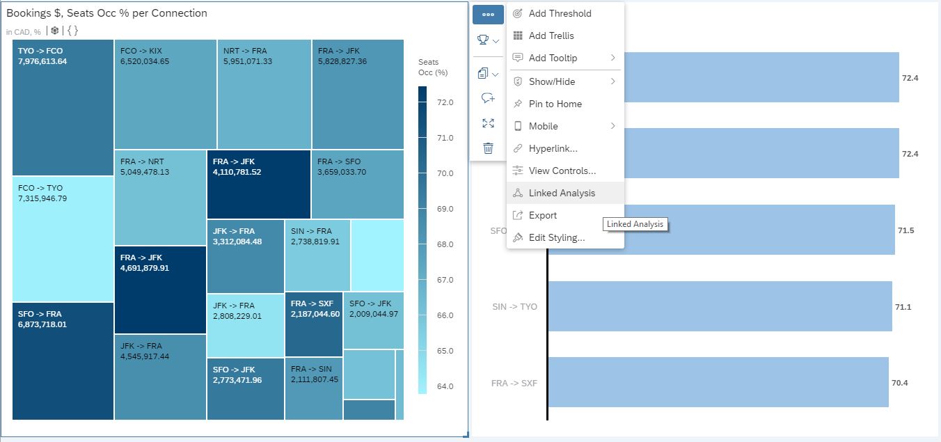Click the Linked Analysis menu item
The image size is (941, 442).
click(x=562, y=193)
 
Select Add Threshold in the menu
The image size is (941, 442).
click(x=560, y=13)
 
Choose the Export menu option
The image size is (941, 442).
click(x=542, y=215)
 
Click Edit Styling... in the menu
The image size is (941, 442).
click(x=556, y=237)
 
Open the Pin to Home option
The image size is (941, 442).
click(x=555, y=104)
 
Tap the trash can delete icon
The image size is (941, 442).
click(x=488, y=148)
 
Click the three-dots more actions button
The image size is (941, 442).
click(x=488, y=14)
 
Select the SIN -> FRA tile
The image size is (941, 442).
click(x=317, y=255)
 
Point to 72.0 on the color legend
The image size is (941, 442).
click(x=445, y=102)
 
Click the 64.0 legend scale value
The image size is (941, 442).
click(x=445, y=386)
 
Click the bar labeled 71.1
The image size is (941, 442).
click(x=719, y=306)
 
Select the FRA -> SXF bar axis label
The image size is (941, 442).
click(x=514, y=383)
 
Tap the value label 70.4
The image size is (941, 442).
click(x=900, y=383)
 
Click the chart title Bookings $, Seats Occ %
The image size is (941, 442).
click(x=106, y=13)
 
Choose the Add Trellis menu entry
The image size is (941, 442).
click(x=551, y=35)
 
